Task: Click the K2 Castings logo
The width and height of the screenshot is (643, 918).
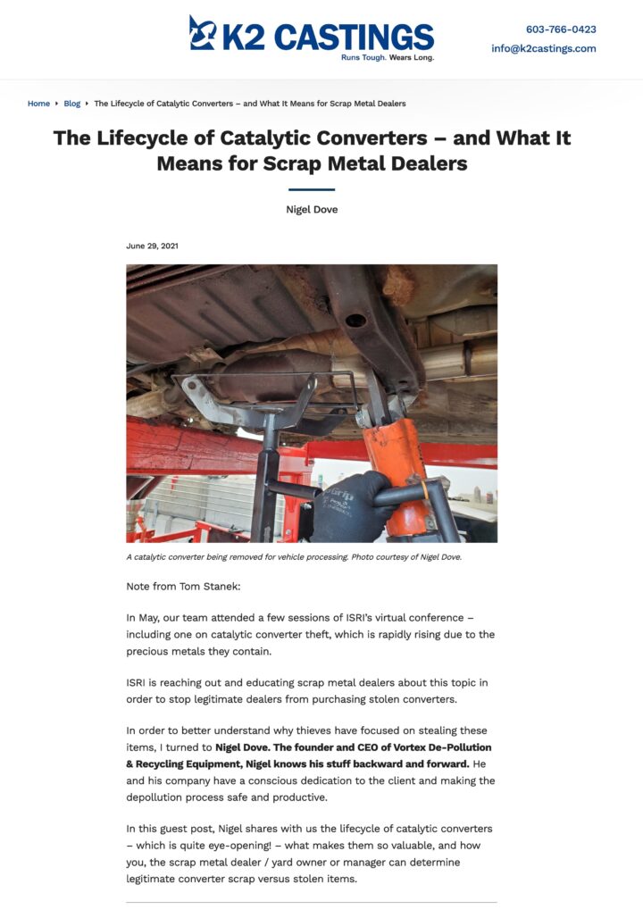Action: pyautogui.click(x=311, y=35)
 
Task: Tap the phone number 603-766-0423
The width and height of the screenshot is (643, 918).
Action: pyautogui.click(x=561, y=29)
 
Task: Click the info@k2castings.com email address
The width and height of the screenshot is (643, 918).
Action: pyautogui.click(x=543, y=49)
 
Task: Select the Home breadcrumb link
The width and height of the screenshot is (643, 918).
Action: pyautogui.click(x=38, y=104)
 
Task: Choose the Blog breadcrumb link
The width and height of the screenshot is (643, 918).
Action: pyautogui.click(x=72, y=104)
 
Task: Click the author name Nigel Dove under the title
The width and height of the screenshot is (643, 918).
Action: pyautogui.click(x=312, y=211)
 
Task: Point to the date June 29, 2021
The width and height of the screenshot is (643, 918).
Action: pyautogui.click(x=153, y=246)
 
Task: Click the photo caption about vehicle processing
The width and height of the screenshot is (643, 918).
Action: pyautogui.click(x=294, y=557)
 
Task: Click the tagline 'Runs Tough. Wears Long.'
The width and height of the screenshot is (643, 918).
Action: pyautogui.click(x=388, y=57)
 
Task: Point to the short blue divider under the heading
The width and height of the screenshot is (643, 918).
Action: pyautogui.click(x=312, y=189)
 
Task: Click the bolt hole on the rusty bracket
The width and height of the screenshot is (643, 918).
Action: pyautogui.click(x=355, y=320)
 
